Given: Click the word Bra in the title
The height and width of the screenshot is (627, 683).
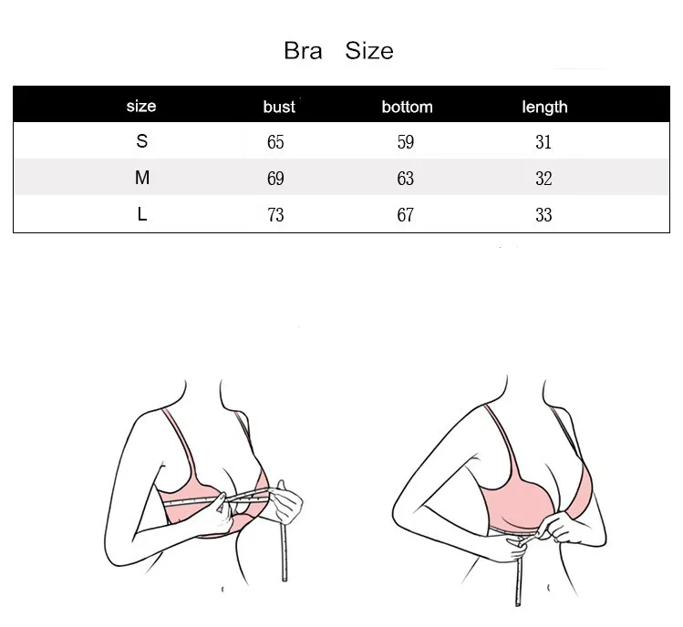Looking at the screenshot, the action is coord(304,50).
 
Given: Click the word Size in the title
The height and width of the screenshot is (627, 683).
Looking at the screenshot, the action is coord(369,50).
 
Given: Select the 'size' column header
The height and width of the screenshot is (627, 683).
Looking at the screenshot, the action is coord(141,106).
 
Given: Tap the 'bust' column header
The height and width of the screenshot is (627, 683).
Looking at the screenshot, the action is coord(279,107).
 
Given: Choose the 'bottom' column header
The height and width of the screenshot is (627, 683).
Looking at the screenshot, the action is coord(407,107).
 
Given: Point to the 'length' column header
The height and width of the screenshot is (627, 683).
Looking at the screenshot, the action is coord(544,107).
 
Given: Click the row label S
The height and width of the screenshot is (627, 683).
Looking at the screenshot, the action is coord(141,142).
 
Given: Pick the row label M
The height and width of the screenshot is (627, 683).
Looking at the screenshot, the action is coord(141,179).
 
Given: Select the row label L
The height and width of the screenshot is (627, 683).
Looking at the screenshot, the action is coord(141,215).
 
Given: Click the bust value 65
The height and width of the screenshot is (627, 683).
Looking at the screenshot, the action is coord(275,142).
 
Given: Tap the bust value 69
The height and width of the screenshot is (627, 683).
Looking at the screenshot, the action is coord(275,179).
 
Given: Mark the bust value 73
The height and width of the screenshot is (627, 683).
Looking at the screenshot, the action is coord(275,215).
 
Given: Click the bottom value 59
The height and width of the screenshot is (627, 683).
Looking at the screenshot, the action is coord(406,142).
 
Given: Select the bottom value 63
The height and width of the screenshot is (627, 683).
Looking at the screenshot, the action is coord(406,179).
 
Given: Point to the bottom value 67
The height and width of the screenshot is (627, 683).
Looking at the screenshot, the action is coord(406,215).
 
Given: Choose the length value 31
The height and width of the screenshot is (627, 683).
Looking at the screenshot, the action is coord(544,142).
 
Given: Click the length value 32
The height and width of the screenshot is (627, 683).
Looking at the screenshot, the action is coord(544,179).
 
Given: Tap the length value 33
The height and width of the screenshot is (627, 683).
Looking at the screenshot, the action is coord(544,215).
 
